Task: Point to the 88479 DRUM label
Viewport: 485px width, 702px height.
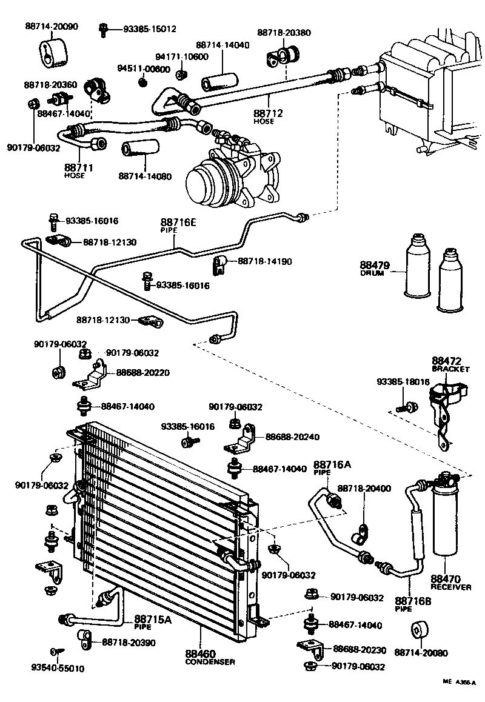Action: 374,267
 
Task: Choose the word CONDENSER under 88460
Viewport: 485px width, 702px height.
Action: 210,662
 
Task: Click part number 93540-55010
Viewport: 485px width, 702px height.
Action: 58,669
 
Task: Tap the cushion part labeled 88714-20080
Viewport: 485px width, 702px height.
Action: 418,631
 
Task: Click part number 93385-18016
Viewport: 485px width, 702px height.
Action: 403,382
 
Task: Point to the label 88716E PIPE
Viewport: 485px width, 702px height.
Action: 179,225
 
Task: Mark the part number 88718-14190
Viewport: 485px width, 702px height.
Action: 265,261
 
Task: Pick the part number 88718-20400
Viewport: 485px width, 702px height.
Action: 364,488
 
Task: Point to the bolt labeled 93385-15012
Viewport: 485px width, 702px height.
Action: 105,28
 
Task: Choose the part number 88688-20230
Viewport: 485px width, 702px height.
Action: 360,649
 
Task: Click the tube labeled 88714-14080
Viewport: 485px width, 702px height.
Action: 140,149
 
